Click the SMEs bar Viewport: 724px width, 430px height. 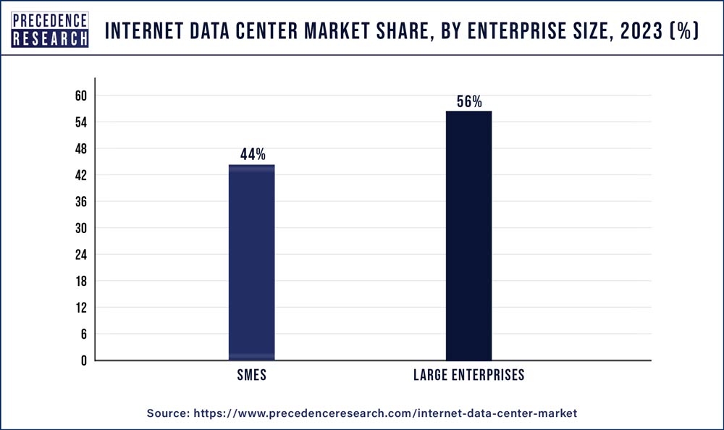point(251,262)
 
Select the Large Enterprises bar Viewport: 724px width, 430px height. point(468,235)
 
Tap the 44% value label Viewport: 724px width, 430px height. point(253,154)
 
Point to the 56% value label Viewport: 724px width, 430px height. point(469,102)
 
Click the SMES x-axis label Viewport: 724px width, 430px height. point(251,376)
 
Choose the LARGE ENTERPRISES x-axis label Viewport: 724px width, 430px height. point(468,376)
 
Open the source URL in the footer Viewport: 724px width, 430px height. point(385,413)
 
